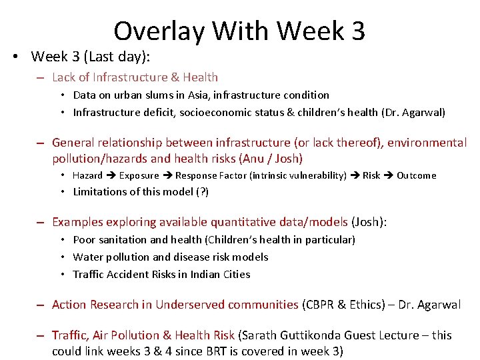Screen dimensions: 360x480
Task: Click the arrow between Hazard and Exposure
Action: pos(111,176)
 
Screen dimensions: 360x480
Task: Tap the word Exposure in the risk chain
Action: pos(139,176)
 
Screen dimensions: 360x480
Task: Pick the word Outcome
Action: pos(416,176)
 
